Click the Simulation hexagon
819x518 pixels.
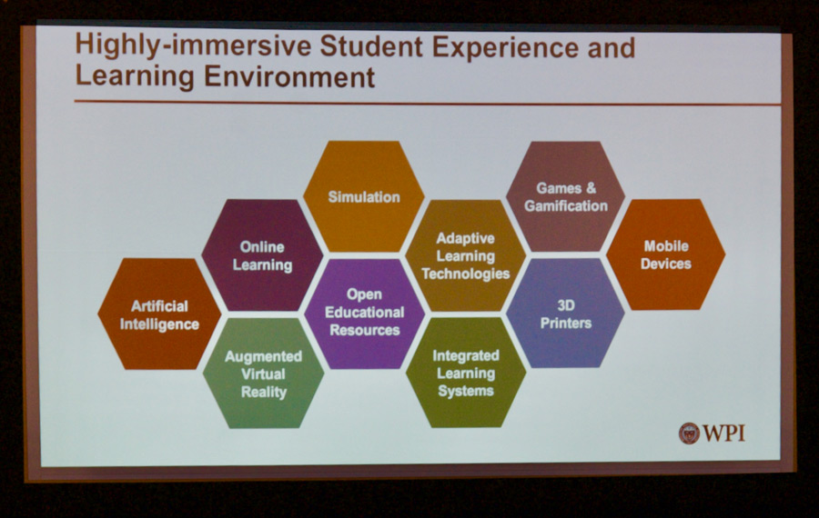(x=363, y=196)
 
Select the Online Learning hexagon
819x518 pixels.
(x=262, y=255)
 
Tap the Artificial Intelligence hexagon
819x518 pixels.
(x=159, y=314)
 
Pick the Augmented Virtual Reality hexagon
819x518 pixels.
(x=263, y=374)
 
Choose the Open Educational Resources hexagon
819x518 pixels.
(x=365, y=314)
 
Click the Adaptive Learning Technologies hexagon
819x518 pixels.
(x=465, y=255)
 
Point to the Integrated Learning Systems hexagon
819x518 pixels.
(x=465, y=373)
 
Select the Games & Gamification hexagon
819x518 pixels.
(x=566, y=196)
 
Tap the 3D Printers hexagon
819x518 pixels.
(x=566, y=313)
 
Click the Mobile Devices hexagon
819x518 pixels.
(x=666, y=254)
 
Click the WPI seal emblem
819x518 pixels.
(x=689, y=433)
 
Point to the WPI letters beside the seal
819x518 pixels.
(x=724, y=433)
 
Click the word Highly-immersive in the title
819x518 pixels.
(x=193, y=46)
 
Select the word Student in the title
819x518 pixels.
(x=371, y=46)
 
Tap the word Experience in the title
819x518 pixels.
(x=505, y=48)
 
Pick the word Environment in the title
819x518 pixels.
(x=289, y=76)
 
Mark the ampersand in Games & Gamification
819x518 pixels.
(x=591, y=188)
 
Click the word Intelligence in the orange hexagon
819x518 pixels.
(x=159, y=324)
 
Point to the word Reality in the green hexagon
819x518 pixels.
(x=264, y=392)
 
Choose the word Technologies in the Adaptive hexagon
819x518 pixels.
(x=465, y=274)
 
